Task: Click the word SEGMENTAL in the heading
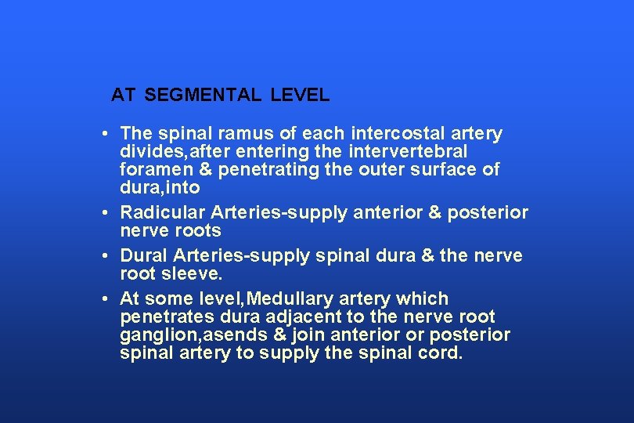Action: pyautogui.click(x=203, y=96)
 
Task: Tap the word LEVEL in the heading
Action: pyautogui.click(x=301, y=96)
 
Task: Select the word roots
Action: pyautogui.click(x=198, y=231)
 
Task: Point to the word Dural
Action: pyautogui.click(x=143, y=256)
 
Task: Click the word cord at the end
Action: pyautogui.click(x=444, y=353)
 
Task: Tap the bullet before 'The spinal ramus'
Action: pyautogui.click(x=104, y=134)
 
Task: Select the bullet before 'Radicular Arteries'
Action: pyautogui.click(x=104, y=213)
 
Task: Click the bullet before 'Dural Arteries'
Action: pyautogui.click(x=104, y=256)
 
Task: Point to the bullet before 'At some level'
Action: pyautogui.click(x=104, y=299)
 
